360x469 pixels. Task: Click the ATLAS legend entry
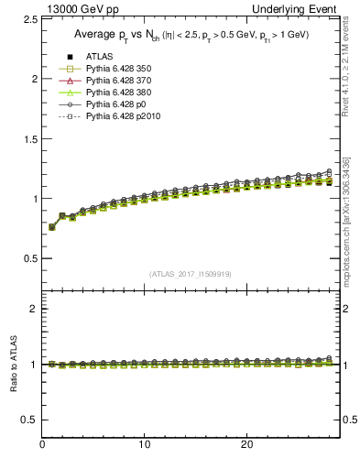(96, 58)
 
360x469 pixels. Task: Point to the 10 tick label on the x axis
(144, 444)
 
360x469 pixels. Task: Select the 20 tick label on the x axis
(245, 444)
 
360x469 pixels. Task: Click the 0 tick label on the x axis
(42, 444)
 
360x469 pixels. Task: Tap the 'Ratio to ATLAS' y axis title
(12, 364)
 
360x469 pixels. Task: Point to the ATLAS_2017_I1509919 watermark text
(190, 274)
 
